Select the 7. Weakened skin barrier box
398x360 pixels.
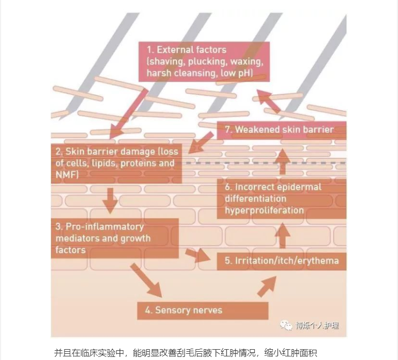[281, 130]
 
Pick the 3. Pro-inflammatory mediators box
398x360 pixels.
[114, 238]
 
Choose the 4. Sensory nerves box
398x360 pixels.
[203, 310]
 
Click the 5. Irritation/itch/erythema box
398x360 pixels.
[281, 260]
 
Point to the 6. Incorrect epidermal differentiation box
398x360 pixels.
[281, 199]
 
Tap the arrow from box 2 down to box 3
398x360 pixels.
[110, 200]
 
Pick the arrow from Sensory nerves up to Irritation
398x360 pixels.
[267, 285]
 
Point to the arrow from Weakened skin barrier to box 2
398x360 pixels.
[201, 142]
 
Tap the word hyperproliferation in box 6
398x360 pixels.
[264, 210]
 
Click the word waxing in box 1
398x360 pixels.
[244, 61]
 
